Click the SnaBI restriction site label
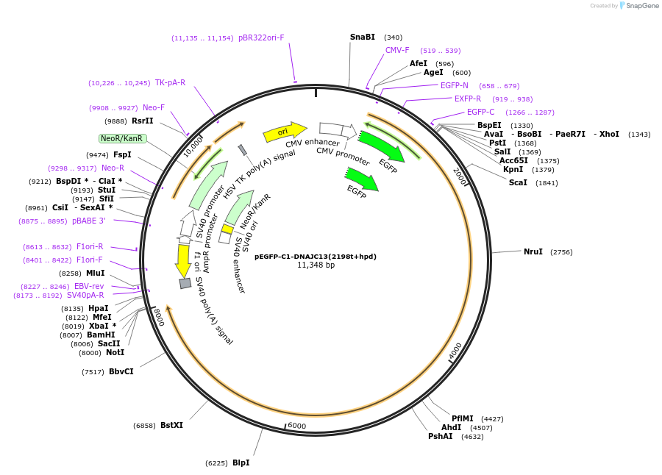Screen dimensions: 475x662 point(362,37)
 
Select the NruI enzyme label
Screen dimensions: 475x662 point(533,251)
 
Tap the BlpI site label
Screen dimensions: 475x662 point(241,463)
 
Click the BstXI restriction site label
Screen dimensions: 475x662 point(171,425)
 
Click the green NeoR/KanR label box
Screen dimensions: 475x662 point(123,138)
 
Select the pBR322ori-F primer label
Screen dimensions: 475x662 point(261,37)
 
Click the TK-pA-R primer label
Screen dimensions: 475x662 point(170,82)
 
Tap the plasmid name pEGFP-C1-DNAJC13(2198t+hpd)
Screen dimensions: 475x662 point(316,256)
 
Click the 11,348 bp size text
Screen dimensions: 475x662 point(316,265)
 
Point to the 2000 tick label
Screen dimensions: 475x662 point(460,177)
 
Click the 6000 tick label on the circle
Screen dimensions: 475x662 point(296,426)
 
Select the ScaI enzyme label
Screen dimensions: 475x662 point(518,182)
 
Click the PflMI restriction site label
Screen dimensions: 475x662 point(463,418)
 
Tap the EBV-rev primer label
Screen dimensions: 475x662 point(89,286)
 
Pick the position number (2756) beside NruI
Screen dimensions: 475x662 point(561,252)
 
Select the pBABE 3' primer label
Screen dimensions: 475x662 point(89,221)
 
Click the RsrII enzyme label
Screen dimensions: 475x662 point(143,121)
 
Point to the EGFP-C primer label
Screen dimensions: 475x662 point(480,112)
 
